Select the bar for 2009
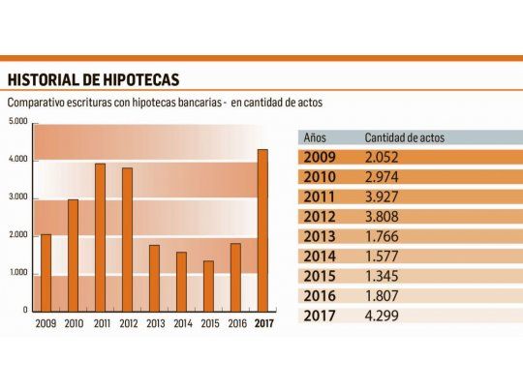point(46,272)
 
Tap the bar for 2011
point(100,237)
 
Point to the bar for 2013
point(154,278)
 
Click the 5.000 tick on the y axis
point(17,122)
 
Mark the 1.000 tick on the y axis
point(17,273)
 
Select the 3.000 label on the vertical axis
point(17,197)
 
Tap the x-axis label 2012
point(127,323)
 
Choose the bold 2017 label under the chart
point(263,323)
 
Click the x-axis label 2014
point(181,323)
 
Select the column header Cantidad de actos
point(404,137)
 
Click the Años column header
point(317,137)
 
